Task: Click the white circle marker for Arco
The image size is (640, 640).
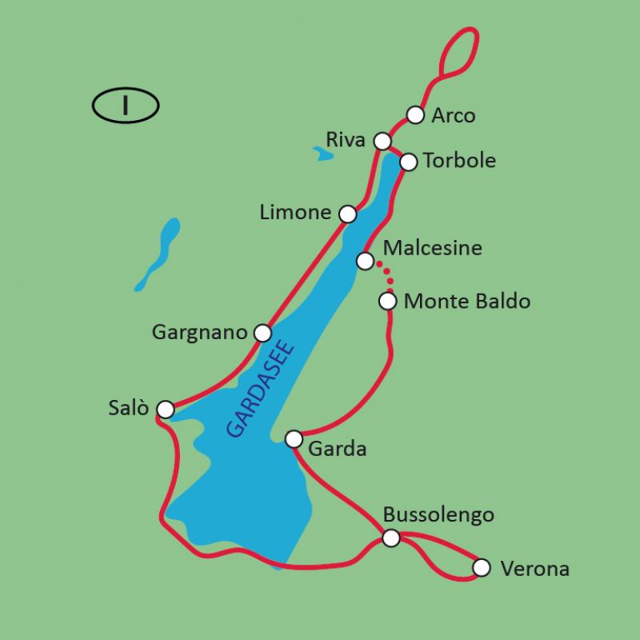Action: (x=414, y=115)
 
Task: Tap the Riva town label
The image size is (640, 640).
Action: (x=346, y=140)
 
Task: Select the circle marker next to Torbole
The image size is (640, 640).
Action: (x=408, y=162)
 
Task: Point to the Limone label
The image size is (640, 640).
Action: (x=295, y=212)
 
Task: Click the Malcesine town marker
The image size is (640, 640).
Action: (x=365, y=261)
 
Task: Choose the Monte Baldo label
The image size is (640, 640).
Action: (x=467, y=302)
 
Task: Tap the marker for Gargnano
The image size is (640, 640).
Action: (x=262, y=332)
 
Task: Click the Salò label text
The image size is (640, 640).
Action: (x=128, y=408)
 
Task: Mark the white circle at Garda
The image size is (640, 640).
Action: (x=294, y=439)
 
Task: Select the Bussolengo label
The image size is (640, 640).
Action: (x=438, y=514)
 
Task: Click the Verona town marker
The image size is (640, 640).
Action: (x=480, y=567)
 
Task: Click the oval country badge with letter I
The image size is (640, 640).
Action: (x=126, y=106)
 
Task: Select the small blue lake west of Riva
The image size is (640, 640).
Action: (x=324, y=154)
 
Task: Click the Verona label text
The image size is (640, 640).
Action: (x=534, y=570)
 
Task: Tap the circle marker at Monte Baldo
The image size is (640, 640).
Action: (x=387, y=301)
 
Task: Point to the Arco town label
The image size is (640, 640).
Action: (x=453, y=116)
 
